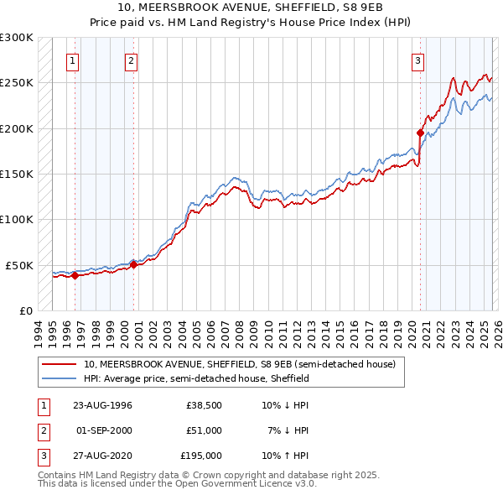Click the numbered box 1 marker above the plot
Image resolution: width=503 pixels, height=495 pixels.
pyautogui.click(x=74, y=60)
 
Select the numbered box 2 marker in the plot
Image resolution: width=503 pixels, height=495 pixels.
pyautogui.click(x=132, y=60)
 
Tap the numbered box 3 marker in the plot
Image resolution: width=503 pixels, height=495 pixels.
pyautogui.click(x=418, y=60)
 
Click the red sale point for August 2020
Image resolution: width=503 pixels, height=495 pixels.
pyautogui.click(x=420, y=133)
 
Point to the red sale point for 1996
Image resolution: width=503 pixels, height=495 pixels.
pyautogui.click(x=75, y=275)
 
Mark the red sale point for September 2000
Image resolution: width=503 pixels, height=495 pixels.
pyautogui.click(x=133, y=264)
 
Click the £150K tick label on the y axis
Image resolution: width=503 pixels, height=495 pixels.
pyautogui.click(x=17, y=174)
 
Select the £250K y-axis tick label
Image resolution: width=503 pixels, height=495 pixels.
pyautogui.click(x=17, y=83)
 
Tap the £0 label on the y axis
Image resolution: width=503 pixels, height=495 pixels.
pyautogui.click(x=24, y=310)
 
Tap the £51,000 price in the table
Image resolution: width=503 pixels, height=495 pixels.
pyautogui.click(x=204, y=430)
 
